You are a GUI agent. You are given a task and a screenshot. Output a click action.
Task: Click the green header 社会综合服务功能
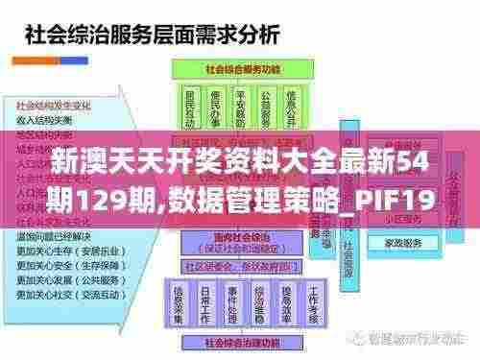[241, 72]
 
